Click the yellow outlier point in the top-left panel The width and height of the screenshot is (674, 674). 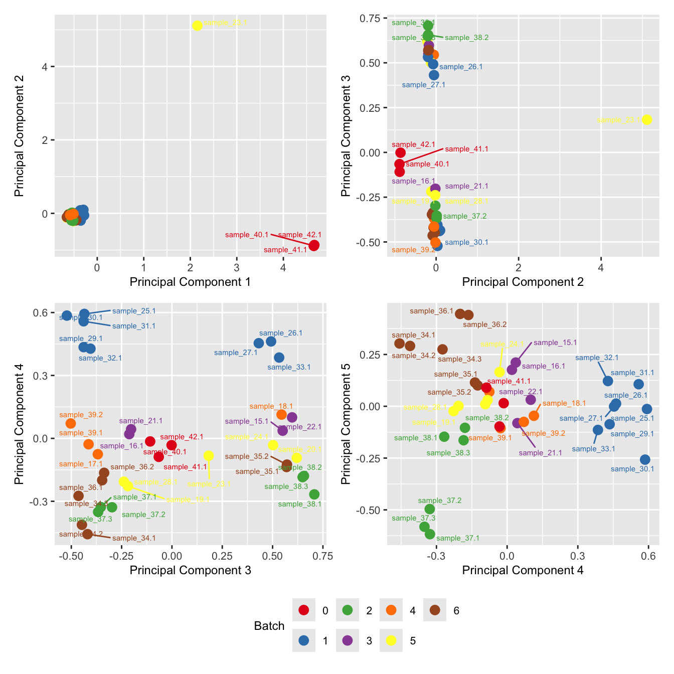pos(197,26)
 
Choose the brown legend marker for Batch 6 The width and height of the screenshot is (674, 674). pos(435,610)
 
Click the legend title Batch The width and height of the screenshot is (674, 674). pos(269,626)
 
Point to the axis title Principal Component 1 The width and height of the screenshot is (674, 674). pos(190,282)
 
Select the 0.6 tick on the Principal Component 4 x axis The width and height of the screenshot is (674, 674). pos(648,556)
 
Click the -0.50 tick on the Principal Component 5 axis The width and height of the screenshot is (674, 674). pos(370,510)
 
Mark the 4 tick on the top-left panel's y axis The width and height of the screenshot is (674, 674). pos(45,67)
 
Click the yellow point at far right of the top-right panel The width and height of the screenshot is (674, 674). pos(647,119)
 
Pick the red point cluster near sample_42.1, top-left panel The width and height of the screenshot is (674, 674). pos(314,245)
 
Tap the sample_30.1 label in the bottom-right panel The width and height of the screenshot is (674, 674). pos(632,469)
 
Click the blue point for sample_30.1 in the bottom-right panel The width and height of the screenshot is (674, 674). pos(645,459)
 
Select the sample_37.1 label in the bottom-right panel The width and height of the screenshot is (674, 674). pos(458,538)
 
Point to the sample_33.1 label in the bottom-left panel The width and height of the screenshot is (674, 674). pos(289,367)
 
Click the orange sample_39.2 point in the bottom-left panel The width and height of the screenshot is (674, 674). pos(71,423)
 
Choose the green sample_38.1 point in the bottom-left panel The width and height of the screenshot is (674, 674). pos(314,494)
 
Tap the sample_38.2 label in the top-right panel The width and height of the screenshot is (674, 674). pos(466,38)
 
